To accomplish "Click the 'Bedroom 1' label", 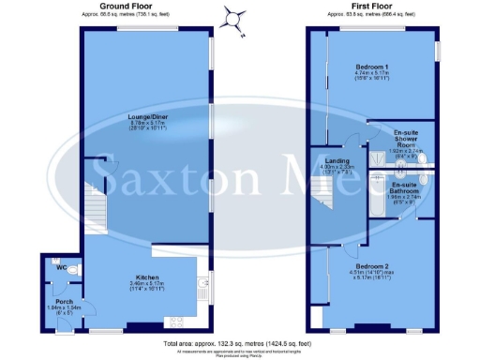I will pos(372,68).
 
